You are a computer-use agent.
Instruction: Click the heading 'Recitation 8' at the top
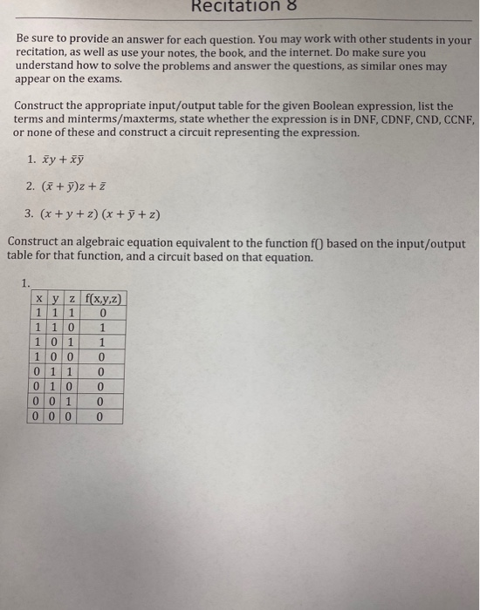[239, 8]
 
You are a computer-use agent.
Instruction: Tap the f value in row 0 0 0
[103, 417]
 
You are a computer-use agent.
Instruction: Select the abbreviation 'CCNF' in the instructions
[451, 119]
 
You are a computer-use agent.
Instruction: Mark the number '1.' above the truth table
[26, 281]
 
